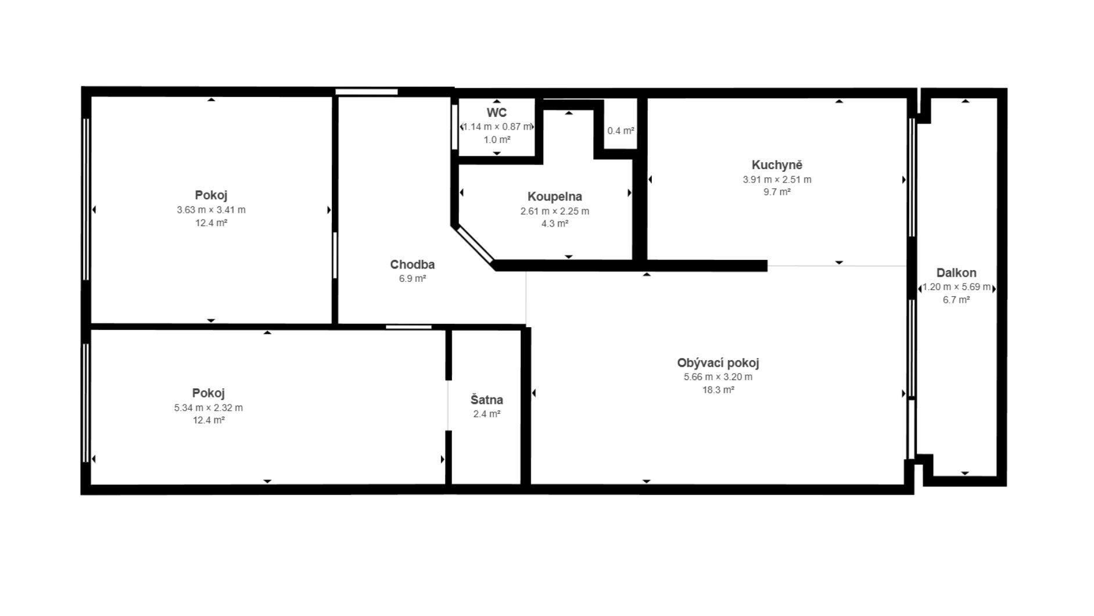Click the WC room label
[497, 113]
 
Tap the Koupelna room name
[555, 197]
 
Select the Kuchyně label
[777, 165]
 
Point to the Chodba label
[413, 265]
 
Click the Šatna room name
[487, 400]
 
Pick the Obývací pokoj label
[718, 363]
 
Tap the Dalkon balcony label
[956, 273]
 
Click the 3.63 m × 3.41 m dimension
[211, 210]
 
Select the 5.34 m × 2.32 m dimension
[209, 408]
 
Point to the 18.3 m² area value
[718, 390]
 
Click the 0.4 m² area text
[620, 131]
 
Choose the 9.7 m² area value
[777, 192]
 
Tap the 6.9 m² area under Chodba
[413, 279]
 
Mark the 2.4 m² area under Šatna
[487, 414]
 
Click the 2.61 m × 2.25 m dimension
[555, 212]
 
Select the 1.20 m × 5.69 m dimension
[956, 287]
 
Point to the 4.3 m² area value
[555, 224]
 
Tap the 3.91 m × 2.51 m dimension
[777, 180]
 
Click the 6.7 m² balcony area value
[956, 300]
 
